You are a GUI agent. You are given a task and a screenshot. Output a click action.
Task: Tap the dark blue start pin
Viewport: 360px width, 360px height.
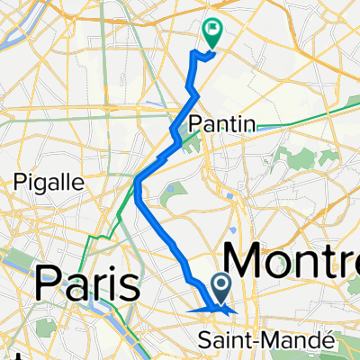[220, 288]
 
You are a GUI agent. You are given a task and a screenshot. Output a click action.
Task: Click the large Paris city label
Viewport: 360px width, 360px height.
[88, 286]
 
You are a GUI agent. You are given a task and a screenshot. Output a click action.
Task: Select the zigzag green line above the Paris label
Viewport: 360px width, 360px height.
[101, 236]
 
